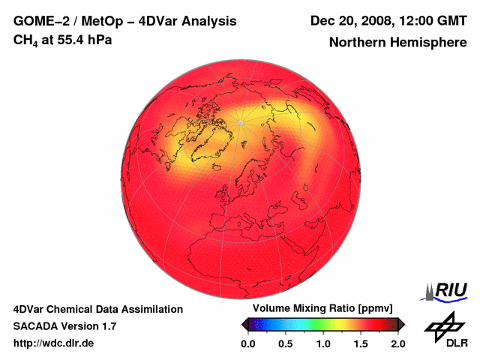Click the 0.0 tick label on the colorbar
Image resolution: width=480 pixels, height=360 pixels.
[247, 343]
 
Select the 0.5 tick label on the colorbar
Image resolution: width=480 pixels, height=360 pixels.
[285, 343]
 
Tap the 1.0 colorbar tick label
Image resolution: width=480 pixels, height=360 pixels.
[322, 343]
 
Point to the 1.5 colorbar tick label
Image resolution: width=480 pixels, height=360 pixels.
[361, 343]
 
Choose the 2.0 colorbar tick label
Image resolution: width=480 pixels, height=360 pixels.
[397, 343]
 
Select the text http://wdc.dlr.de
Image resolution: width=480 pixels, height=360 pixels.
[54, 343]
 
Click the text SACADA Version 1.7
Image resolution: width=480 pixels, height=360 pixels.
[64, 326]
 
